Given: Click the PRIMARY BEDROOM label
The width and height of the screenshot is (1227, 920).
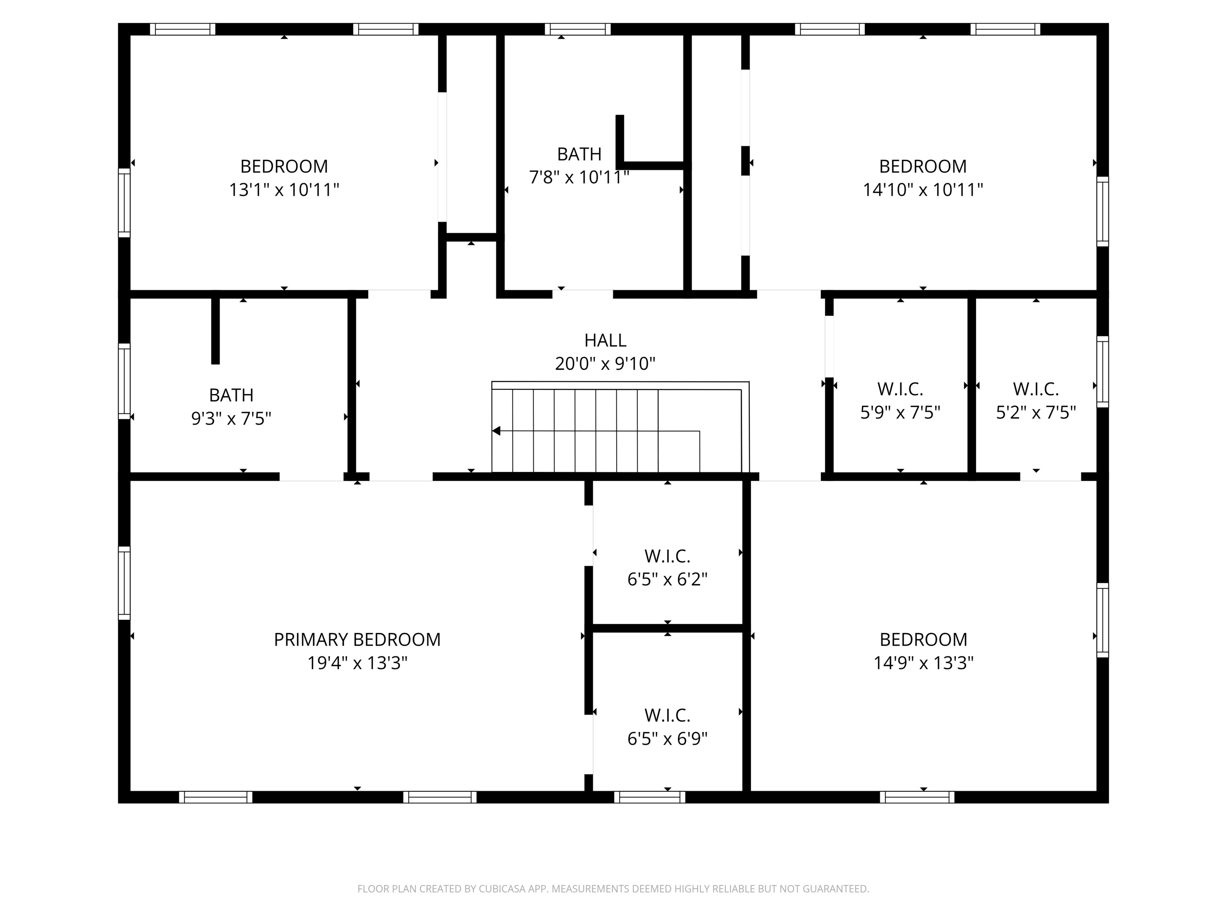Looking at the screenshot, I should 357,639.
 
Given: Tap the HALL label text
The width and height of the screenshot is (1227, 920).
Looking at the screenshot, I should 605,340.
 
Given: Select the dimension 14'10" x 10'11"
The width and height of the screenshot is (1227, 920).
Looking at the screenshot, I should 923,190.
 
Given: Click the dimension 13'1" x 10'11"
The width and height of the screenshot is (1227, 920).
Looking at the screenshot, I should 284,190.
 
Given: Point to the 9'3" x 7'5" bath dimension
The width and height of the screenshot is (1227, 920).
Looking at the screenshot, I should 231,419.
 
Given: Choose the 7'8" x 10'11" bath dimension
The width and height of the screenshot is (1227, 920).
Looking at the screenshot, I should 579,177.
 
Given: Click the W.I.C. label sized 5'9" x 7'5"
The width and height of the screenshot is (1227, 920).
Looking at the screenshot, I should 900,389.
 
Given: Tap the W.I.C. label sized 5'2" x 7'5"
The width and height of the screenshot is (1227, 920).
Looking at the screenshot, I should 1036,389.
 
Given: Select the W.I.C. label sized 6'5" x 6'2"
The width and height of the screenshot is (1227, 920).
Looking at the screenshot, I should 667,556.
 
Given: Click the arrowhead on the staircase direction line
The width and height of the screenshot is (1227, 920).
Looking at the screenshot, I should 496,431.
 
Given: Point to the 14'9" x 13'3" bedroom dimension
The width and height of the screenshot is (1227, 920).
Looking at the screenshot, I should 923,663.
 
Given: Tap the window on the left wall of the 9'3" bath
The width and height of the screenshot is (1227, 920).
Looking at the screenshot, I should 124,381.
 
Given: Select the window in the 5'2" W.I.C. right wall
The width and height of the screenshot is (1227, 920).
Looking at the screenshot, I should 1103,371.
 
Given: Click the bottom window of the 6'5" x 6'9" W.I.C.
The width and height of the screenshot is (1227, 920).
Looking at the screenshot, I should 649,797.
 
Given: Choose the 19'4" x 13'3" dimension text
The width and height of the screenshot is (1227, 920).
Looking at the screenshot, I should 357,663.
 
